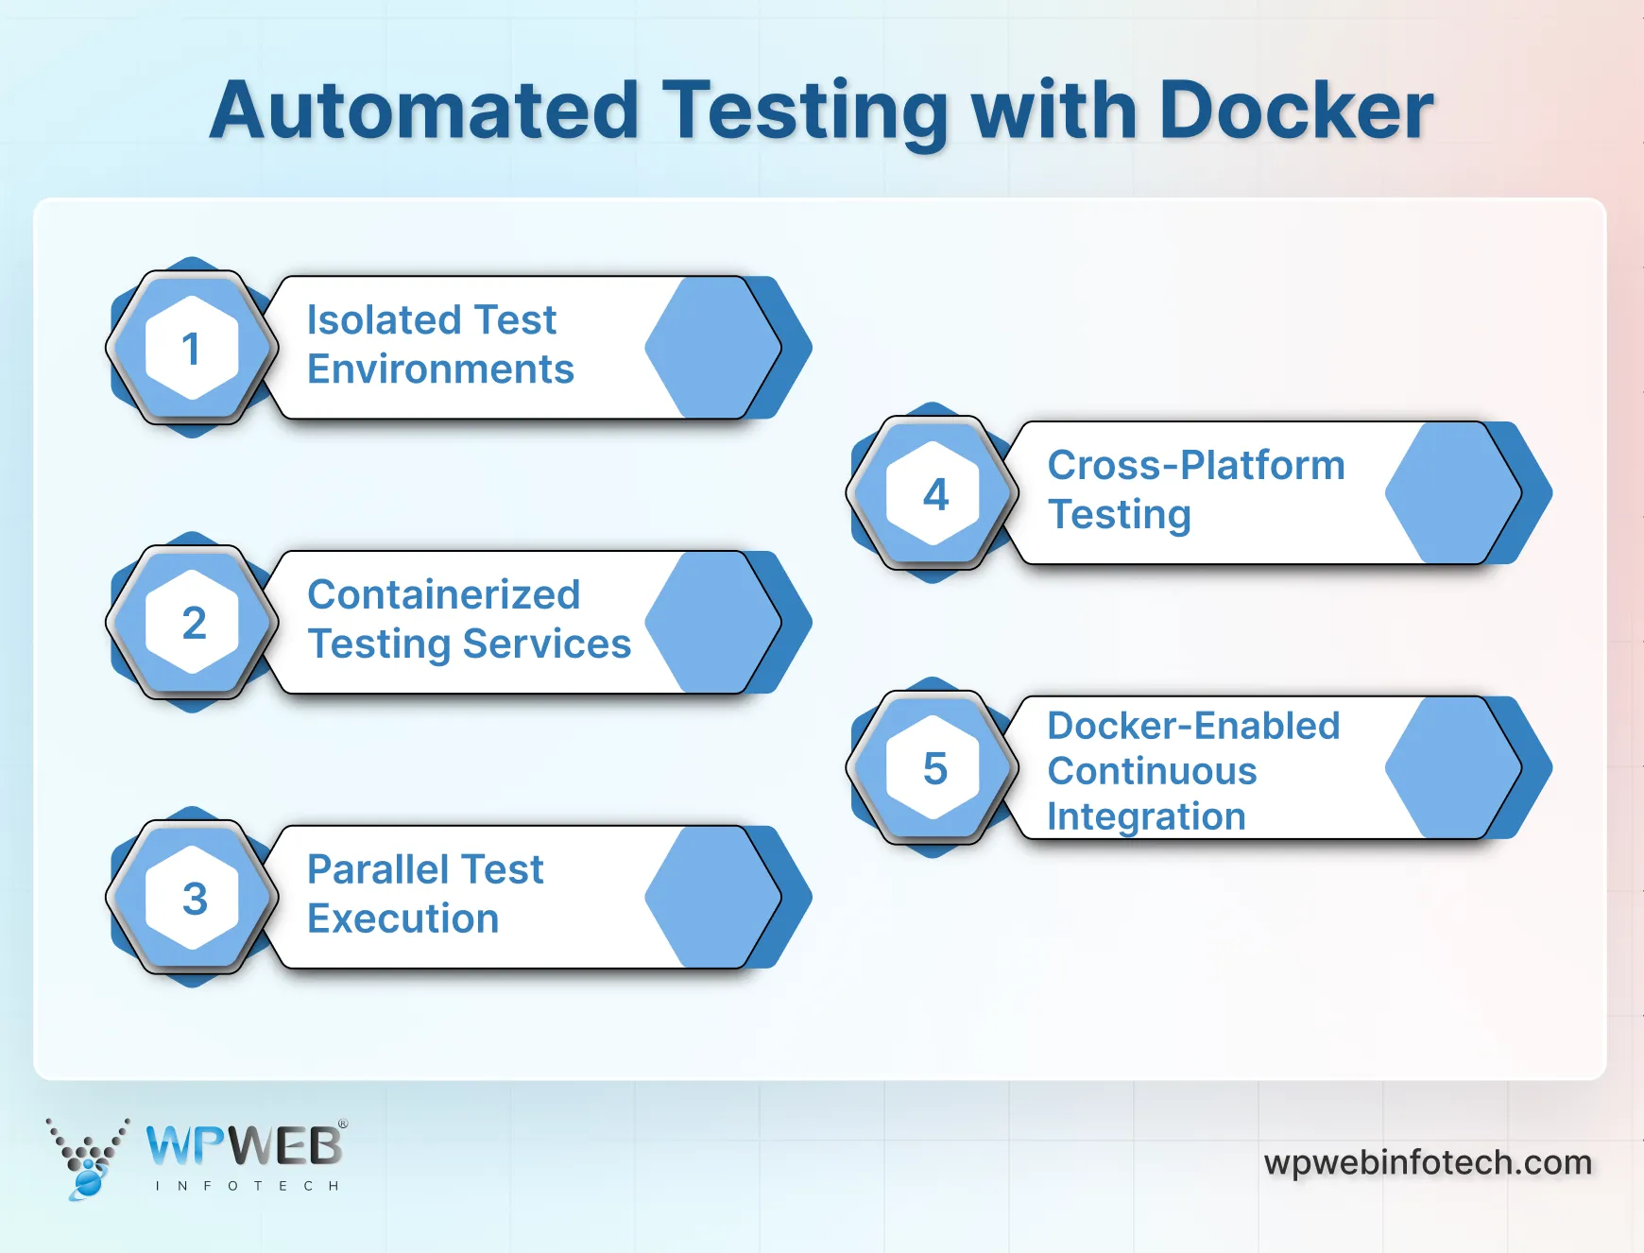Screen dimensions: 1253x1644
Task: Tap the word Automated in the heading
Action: click(424, 111)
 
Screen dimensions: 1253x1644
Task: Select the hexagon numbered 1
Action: click(192, 348)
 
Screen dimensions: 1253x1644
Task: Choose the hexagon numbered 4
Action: click(933, 493)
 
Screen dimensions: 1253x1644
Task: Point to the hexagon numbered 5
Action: click(933, 768)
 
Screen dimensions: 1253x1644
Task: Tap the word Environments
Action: click(440, 369)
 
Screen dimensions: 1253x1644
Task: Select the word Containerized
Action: click(443, 595)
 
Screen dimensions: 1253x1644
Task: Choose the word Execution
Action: click(402, 919)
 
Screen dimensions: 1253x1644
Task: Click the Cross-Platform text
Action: click(1195, 466)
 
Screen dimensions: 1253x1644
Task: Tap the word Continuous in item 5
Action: click(1152, 772)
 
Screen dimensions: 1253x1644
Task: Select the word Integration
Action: click(1146, 817)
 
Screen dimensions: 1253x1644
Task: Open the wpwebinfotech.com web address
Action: click(1428, 1162)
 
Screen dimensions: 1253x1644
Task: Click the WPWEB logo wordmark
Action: click(245, 1146)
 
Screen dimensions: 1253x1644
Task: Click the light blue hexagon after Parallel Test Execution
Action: click(712, 898)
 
